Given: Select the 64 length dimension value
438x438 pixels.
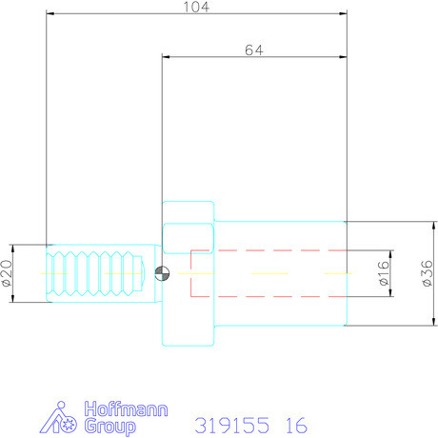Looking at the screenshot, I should point(253,50).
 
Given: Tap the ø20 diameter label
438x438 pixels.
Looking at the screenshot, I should point(7,273).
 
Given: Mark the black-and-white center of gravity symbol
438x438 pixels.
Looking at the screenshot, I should point(163,273).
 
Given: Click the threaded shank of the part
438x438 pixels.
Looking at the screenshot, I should point(95,273).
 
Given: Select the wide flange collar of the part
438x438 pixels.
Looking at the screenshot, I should point(187,273).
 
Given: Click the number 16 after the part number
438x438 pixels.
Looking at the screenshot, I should point(296,424).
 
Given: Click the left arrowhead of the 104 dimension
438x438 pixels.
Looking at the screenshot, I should point(50,14).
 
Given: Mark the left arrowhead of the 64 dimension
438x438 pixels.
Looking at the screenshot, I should point(167,57).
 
